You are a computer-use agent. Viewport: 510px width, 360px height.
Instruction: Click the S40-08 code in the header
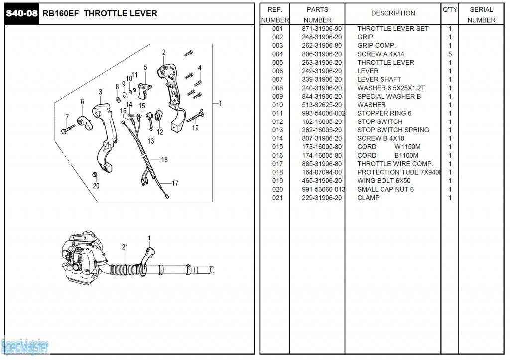point(21,13)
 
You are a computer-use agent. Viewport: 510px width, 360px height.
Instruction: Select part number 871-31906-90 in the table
point(322,29)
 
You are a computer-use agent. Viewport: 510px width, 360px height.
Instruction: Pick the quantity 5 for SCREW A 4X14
point(450,54)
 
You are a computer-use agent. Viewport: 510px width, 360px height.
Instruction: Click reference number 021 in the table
point(277,198)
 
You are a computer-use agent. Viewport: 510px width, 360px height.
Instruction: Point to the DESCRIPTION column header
point(393,13)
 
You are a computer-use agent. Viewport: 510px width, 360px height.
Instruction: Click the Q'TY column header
point(449,9)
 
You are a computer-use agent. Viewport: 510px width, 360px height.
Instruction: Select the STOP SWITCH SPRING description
point(393,130)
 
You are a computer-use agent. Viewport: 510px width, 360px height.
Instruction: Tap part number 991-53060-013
point(323,189)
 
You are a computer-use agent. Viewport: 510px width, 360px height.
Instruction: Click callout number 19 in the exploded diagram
point(195,128)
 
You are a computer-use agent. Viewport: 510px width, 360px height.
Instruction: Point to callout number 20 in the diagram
point(96,186)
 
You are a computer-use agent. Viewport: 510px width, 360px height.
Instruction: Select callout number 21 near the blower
point(125,247)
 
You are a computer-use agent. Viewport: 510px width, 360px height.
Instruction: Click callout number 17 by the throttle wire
point(175,183)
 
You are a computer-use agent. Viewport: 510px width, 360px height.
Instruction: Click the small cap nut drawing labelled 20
point(95,174)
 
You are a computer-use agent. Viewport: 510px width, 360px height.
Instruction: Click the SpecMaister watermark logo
point(25,345)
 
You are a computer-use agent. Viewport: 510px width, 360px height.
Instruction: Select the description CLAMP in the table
point(368,198)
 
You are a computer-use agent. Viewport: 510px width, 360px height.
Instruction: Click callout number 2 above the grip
point(163,52)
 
